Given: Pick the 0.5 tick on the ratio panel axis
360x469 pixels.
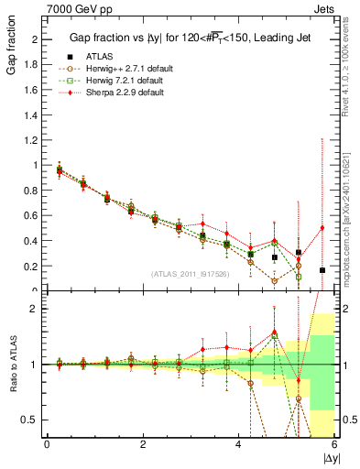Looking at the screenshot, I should [x=33, y=420].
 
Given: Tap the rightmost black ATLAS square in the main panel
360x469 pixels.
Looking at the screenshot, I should [x=322, y=270].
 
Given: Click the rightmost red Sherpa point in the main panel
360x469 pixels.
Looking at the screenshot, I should [x=322, y=227].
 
